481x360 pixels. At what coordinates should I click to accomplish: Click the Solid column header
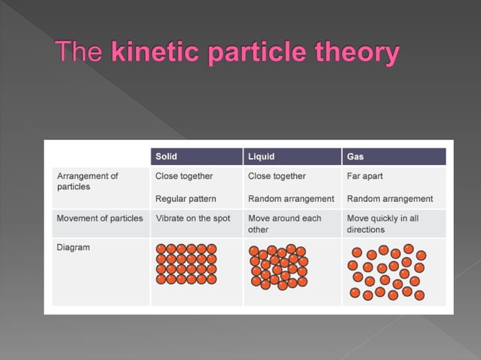tap(167, 157)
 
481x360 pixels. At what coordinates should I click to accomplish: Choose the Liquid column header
tap(262, 157)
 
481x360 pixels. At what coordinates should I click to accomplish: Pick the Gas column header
tap(354, 157)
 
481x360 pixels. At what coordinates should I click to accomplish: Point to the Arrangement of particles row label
tap(87, 182)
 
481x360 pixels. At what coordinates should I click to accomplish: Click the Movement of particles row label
tap(100, 218)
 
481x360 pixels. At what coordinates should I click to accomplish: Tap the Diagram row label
tap(73, 247)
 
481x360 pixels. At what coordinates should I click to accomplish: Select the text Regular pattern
tap(185, 199)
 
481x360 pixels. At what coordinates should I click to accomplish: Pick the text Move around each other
tap(284, 224)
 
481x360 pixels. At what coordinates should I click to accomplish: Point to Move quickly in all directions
tap(382, 224)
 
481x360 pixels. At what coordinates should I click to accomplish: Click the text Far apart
tap(365, 176)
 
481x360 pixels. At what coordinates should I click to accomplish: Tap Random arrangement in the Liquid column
tap(291, 199)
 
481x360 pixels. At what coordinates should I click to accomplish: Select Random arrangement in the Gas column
tap(390, 199)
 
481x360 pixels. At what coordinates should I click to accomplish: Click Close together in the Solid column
tap(184, 176)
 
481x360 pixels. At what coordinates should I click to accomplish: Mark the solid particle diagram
tap(186, 264)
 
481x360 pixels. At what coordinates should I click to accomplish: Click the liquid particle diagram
tap(278, 267)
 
